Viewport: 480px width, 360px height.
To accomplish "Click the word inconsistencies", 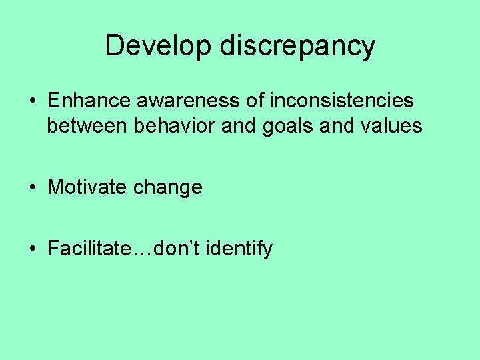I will [x=341, y=101].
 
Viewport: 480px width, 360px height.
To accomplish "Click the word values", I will [x=393, y=125].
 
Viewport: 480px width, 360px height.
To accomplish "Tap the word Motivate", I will [x=88, y=187].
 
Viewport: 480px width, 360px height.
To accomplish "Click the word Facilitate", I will [x=89, y=249].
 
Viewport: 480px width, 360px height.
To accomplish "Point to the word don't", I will [x=175, y=249].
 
